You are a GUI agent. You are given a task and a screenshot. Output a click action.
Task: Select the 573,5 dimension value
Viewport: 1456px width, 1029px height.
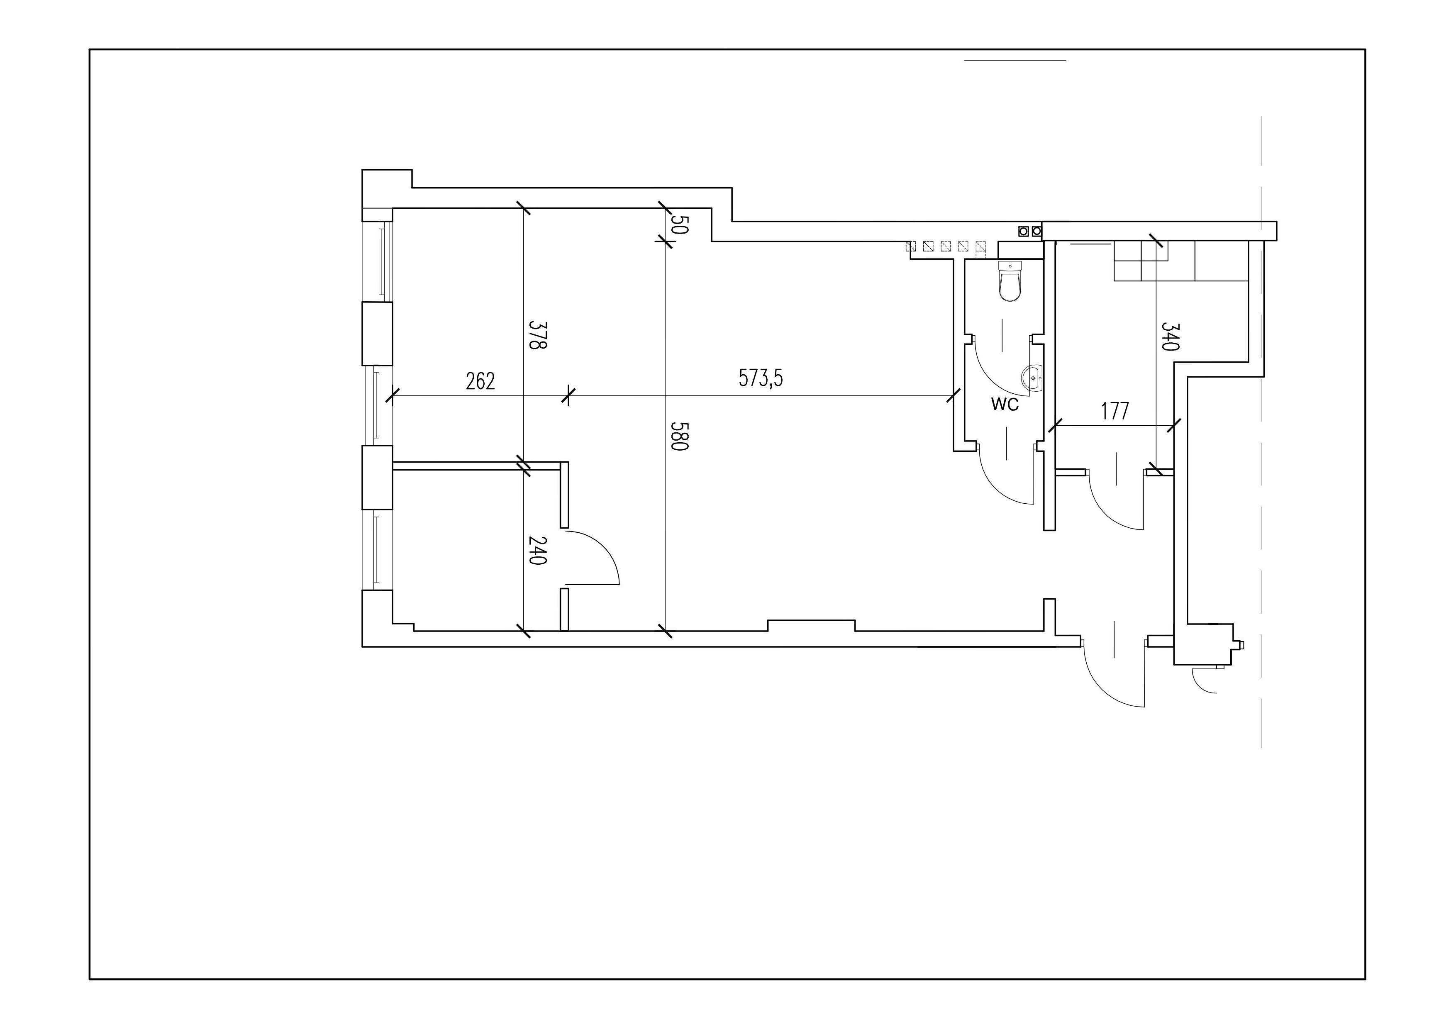[x=761, y=378]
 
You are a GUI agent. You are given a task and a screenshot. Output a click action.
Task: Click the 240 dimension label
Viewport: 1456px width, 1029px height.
[x=537, y=551]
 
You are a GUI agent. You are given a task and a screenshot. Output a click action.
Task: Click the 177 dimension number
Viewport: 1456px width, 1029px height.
[x=1115, y=412]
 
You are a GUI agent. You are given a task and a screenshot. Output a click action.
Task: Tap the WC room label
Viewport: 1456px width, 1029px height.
[x=1005, y=405]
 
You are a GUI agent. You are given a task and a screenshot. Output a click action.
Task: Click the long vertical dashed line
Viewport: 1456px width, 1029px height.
[x=1261, y=432]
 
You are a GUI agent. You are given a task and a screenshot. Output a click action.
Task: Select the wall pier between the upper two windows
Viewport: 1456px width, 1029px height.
[x=377, y=334]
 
